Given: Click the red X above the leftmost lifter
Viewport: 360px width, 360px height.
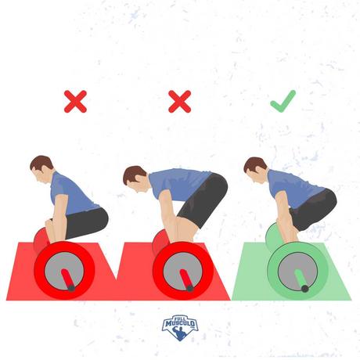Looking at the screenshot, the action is pos(75,102).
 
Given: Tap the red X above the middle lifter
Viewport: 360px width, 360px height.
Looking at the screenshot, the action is pos(180,102).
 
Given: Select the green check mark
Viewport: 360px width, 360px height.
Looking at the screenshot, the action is pos(283,101).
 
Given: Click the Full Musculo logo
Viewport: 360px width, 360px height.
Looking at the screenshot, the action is pos(180,327).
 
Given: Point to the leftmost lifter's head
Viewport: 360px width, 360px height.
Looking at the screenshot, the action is pos(41,170).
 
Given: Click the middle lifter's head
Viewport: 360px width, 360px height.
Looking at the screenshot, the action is pos(135,179).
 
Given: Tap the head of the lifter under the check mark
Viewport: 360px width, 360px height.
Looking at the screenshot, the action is pos(256,171).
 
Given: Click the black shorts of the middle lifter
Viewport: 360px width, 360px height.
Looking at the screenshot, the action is pos(203,200).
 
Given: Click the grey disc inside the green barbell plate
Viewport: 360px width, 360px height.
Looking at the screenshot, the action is pos(297,272).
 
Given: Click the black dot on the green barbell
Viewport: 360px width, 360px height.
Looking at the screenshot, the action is pos(304,289).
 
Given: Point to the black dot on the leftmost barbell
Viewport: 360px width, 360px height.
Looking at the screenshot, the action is pos(71,288).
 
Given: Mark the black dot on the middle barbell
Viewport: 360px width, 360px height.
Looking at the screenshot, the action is pos(189,288).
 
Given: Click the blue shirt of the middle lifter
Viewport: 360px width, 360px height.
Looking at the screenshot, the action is pos(178,182).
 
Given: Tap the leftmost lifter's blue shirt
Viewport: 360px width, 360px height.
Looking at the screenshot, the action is pos(72,194).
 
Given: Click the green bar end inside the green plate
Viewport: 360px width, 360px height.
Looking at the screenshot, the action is pos(301,279).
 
